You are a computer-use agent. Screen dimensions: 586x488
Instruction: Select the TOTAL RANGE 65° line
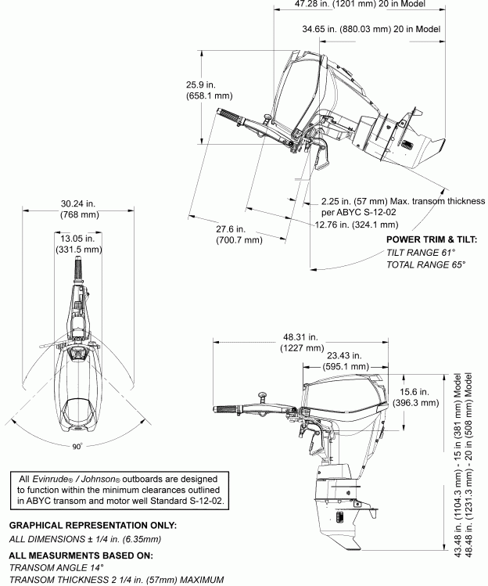[x=426, y=265]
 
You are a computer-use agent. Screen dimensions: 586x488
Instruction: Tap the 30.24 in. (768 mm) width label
[x=78, y=208]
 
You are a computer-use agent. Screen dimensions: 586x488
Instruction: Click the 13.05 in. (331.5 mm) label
[x=78, y=243]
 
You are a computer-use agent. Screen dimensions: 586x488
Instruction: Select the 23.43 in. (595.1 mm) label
[x=347, y=360]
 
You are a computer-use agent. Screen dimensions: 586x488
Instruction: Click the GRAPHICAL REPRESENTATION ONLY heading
[x=93, y=524]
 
